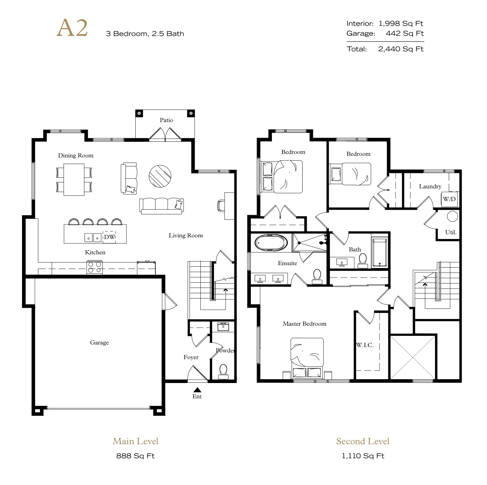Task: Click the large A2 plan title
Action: [x=72, y=28]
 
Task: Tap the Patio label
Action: [x=166, y=120]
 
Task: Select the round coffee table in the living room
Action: [x=160, y=176]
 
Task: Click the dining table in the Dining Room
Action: [x=74, y=179]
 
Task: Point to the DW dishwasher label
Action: [x=109, y=237]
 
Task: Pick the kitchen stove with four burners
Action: [x=95, y=267]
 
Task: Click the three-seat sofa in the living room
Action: [x=161, y=206]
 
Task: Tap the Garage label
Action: [x=99, y=343]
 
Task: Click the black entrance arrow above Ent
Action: [x=197, y=390]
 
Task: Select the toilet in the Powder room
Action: [x=223, y=372]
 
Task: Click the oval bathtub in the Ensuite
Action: [x=271, y=243]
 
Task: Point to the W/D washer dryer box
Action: [x=449, y=199]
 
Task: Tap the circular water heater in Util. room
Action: [x=453, y=216]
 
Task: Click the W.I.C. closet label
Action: [x=365, y=345]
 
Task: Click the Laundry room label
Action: [x=430, y=186]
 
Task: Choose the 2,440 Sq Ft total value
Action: [x=401, y=49]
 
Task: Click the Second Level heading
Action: [x=363, y=441]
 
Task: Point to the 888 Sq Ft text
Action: [x=135, y=456]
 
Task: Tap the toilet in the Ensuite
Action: [x=317, y=277]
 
